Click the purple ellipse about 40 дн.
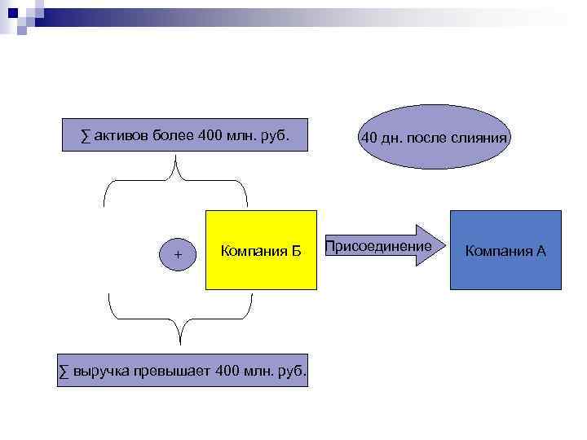[434, 137]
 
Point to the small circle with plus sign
[179, 255]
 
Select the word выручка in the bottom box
[102, 372]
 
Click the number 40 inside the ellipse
[369, 139]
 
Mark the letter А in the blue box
[541, 250]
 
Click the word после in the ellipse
[430, 139]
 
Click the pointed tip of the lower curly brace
[180, 342]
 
